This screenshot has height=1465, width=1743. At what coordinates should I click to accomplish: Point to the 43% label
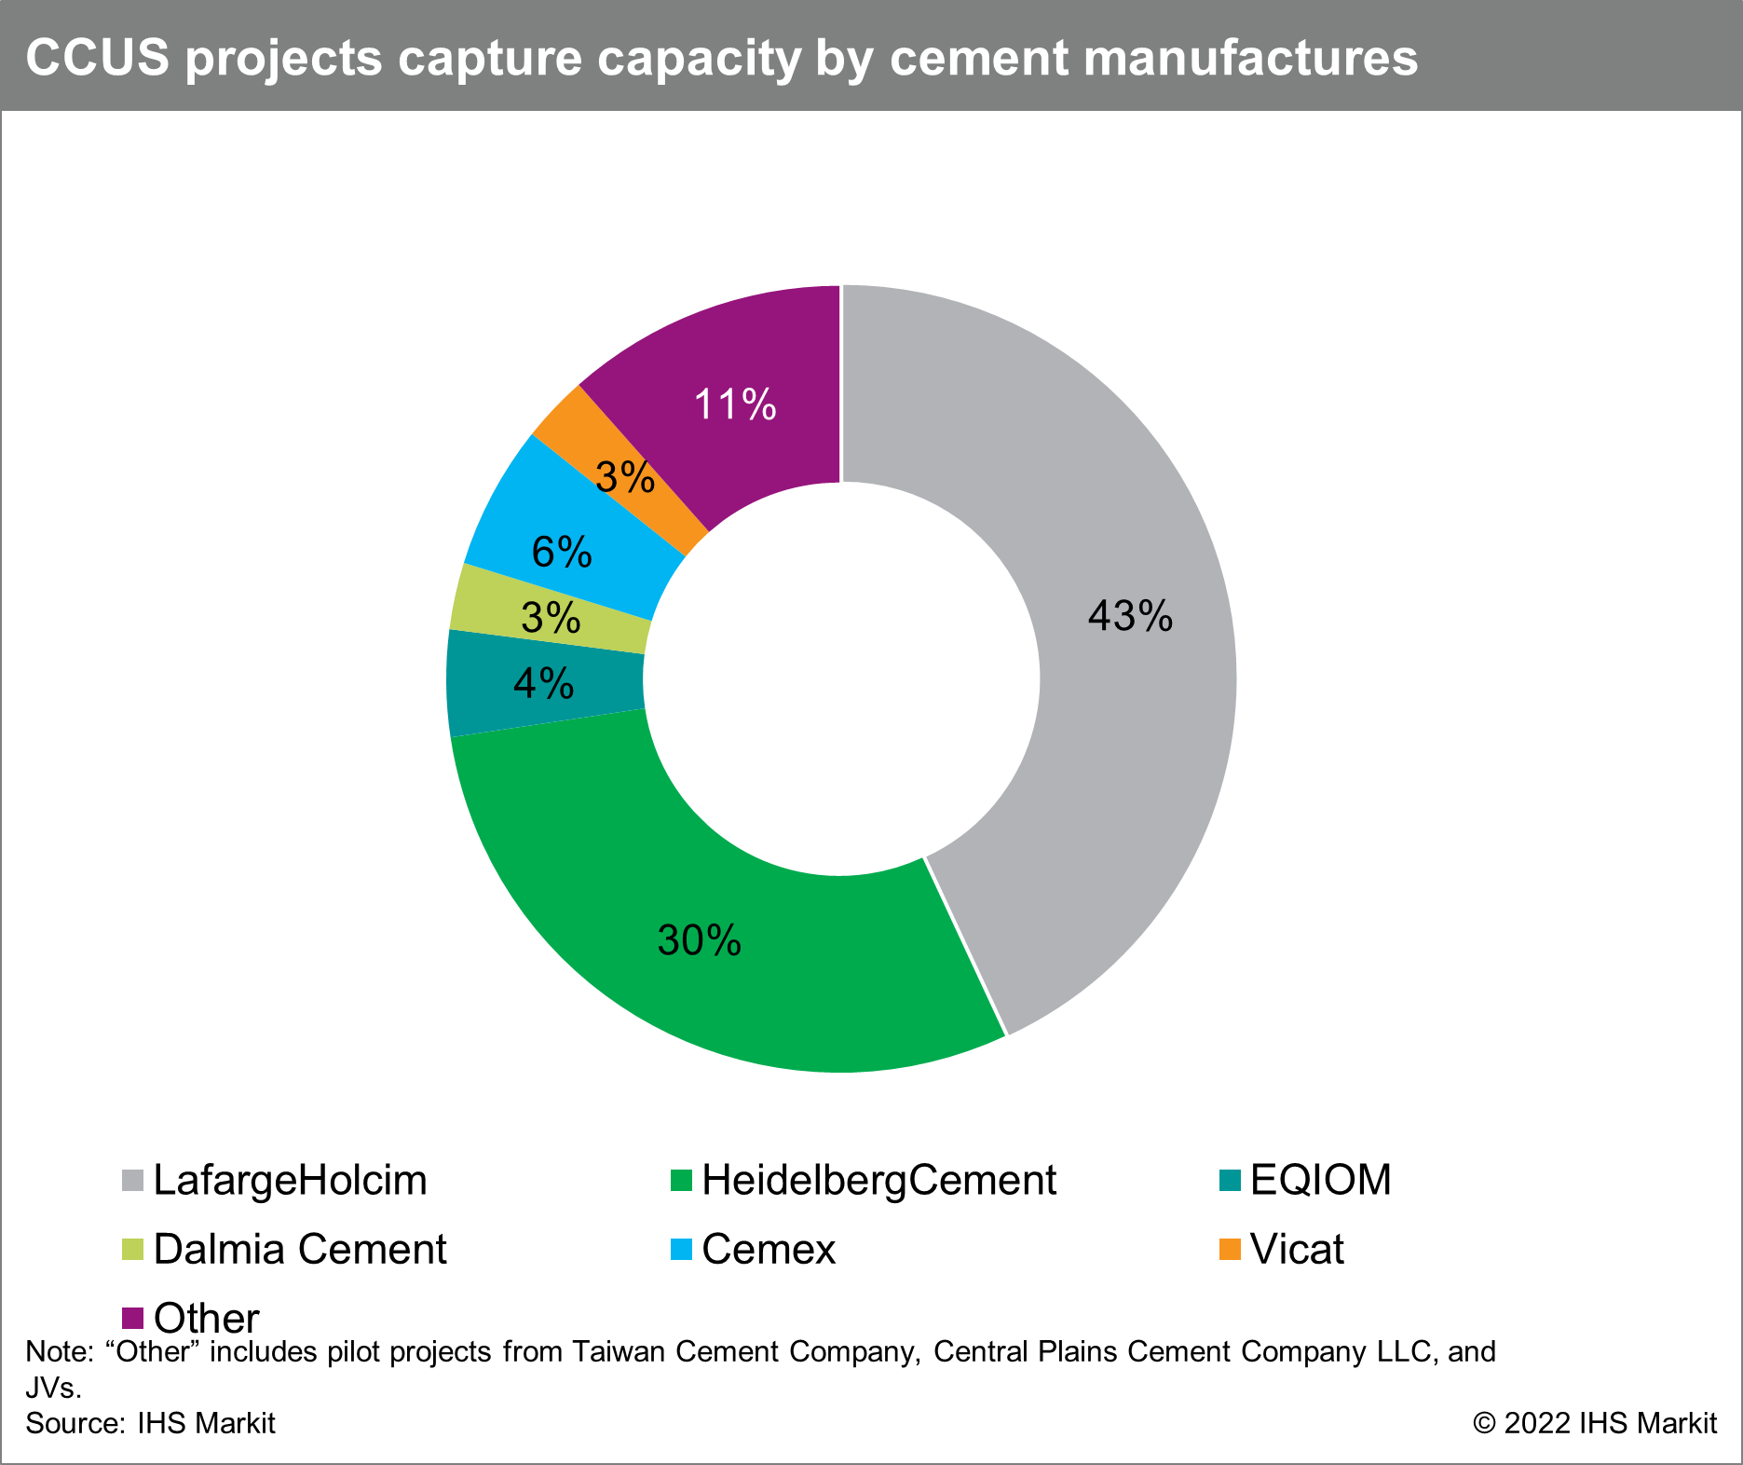click(x=1130, y=617)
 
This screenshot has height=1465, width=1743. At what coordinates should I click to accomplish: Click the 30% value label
click(x=699, y=941)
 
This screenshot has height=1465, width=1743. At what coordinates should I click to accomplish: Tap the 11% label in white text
click(x=735, y=405)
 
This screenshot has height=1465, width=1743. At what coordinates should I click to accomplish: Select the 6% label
click(x=562, y=553)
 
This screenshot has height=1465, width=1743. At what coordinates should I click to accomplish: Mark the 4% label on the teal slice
click(x=543, y=685)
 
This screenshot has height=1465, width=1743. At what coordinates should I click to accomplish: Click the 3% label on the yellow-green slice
click(x=551, y=618)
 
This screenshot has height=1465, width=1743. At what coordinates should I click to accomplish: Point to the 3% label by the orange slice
click(x=625, y=478)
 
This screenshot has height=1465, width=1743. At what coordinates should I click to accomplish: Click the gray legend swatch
click(x=132, y=1181)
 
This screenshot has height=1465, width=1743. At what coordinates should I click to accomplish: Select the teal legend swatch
click(x=1230, y=1181)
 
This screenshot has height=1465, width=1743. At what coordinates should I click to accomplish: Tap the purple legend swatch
click(x=132, y=1318)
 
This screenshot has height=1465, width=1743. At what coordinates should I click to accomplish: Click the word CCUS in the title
click(x=98, y=58)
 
